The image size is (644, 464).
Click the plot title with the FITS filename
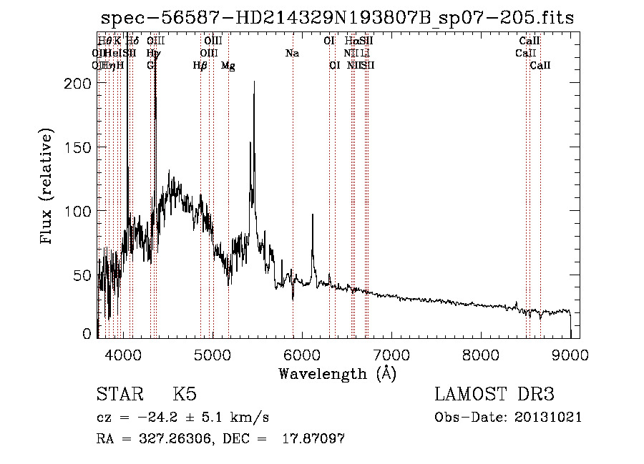337,18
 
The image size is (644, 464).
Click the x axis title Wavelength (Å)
337,372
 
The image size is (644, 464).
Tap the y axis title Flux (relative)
48,187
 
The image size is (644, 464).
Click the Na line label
292,54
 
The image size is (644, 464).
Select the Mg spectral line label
228,66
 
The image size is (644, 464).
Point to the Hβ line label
200,66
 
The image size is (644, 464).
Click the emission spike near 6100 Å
312,214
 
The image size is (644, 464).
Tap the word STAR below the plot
117,395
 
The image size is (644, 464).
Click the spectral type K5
185,395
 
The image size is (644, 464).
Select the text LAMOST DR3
494,395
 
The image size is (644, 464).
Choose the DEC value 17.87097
312,439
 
